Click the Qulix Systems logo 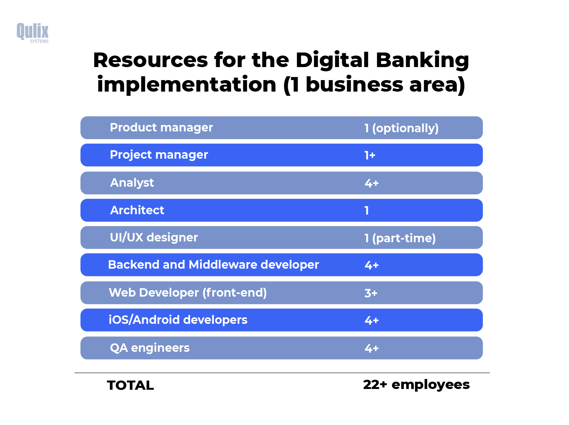point(33,33)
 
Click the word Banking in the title point(422,61)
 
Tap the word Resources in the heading point(151,61)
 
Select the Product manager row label point(161,128)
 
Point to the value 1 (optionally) point(401,128)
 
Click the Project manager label point(159,155)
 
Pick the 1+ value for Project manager point(370,155)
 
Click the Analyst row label point(132,183)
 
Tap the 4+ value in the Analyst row point(371,183)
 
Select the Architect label point(137,210)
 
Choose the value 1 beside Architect point(367,210)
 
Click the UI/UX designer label point(154,238)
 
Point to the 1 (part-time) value point(400,238)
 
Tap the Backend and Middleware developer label point(213,265)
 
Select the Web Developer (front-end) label point(188,293)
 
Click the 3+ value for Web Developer point(371,293)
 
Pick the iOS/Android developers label point(178,320)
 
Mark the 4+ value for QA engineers point(371,348)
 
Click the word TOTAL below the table point(130,385)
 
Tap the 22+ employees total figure point(416,384)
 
